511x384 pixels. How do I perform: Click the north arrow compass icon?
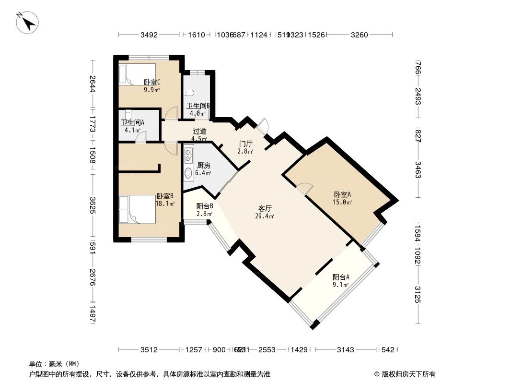(x=27, y=22)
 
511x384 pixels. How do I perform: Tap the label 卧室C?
(x=151, y=82)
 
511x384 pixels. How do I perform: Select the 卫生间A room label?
(x=132, y=122)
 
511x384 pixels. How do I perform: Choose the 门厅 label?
(x=245, y=144)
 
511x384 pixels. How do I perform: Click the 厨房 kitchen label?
(x=203, y=166)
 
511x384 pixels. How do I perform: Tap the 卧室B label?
(x=164, y=196)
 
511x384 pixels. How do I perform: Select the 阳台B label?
(x=205, y=206)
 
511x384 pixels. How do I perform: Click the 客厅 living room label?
(x=265, y=209)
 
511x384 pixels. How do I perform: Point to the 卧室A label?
(x=342, y=195)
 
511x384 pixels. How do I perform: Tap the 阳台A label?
(x=340, y=277)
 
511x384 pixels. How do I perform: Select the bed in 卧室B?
(x=137, y=209)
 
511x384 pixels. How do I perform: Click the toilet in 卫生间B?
(x=189, y=93)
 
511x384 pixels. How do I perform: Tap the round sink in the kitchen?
(x=188, y=173)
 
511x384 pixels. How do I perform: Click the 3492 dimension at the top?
(x=150, y=35)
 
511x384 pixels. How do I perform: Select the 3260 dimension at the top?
(x=359, y=35)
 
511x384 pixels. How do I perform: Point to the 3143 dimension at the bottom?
(x=345, y=350)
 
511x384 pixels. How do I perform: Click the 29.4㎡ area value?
(x=265, y=216)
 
